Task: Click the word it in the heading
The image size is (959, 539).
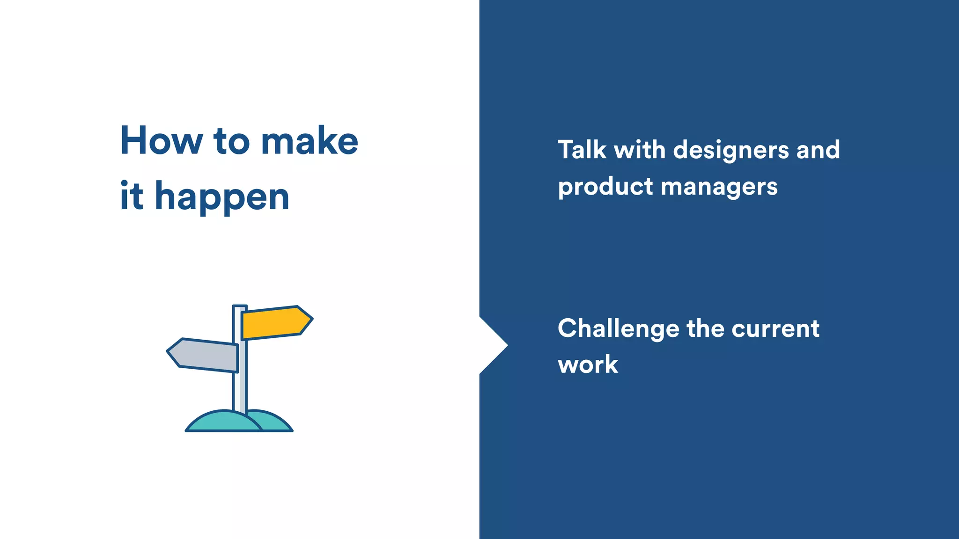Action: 131,196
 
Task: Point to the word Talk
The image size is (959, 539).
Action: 582,150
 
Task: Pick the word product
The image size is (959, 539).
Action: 605,187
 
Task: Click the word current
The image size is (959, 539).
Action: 775,328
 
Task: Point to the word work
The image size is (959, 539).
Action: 588,364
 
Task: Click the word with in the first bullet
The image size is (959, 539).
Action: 639,150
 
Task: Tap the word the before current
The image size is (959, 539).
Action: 705,328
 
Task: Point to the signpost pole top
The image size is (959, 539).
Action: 240,307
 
